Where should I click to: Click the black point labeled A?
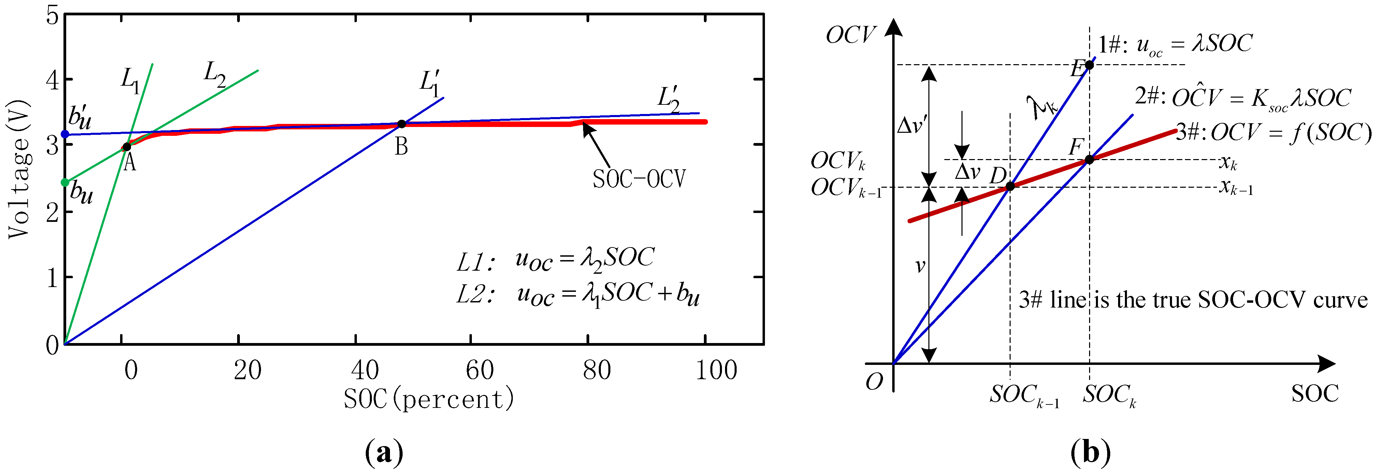pos(127,147)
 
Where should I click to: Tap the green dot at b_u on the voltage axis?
pos(65,183)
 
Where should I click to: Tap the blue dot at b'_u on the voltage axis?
pos(65,134)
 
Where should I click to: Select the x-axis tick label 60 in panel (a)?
pos(479,370)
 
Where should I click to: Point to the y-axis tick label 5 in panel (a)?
pos(52,15)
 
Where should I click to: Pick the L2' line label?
pos(668,99)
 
